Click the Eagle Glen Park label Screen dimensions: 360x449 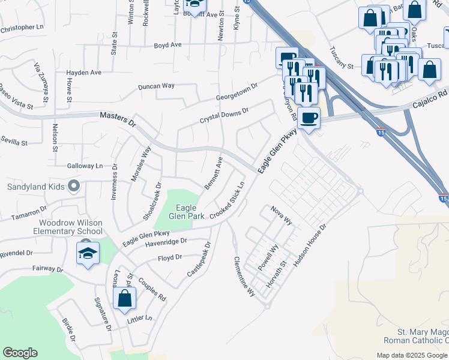point(186,212)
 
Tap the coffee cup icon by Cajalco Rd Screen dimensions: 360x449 point(309,118)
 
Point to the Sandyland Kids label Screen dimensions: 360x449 point(35,187)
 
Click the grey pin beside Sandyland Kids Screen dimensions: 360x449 point(74,186)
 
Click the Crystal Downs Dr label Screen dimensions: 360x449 point(224,116)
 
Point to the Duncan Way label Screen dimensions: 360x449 point(156,86)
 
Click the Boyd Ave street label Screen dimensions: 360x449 point(167,45)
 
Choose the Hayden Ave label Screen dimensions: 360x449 point(83,72)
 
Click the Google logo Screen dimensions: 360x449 point(20,353)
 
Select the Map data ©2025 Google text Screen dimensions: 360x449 point(412,355)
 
